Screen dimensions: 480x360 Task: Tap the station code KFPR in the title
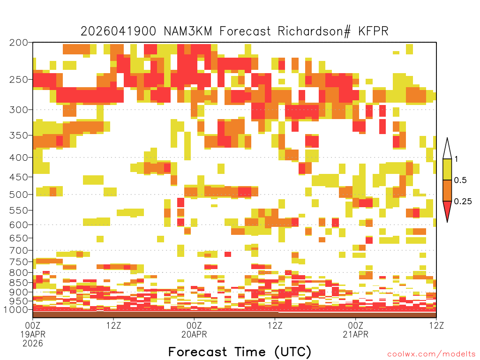[x=373, y=31]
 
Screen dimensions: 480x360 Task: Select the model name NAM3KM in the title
[x=188, y=31]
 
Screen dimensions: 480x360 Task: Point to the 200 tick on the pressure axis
[x=18, y=43]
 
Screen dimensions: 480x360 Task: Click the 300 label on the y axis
[x=18, y=110]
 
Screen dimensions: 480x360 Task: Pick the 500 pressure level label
[x=18, y=195]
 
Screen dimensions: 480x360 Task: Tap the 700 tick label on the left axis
[x=18, y=250]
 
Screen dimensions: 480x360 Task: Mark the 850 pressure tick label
[x=18, y=283]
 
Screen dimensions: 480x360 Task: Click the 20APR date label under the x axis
[x=194, y=334]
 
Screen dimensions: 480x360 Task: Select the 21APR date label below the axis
[x=355, y=334]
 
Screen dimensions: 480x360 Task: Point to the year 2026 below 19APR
[x=33, y=344]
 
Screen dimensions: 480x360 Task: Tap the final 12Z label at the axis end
[x=436, y=325]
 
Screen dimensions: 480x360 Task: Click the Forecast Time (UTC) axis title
[x=240, y=352]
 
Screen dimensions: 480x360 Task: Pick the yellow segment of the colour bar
[x=447, y=169]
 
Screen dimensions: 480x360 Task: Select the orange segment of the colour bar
[x=447, y=190]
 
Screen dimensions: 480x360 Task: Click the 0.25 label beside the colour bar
[x=463, y=201]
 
